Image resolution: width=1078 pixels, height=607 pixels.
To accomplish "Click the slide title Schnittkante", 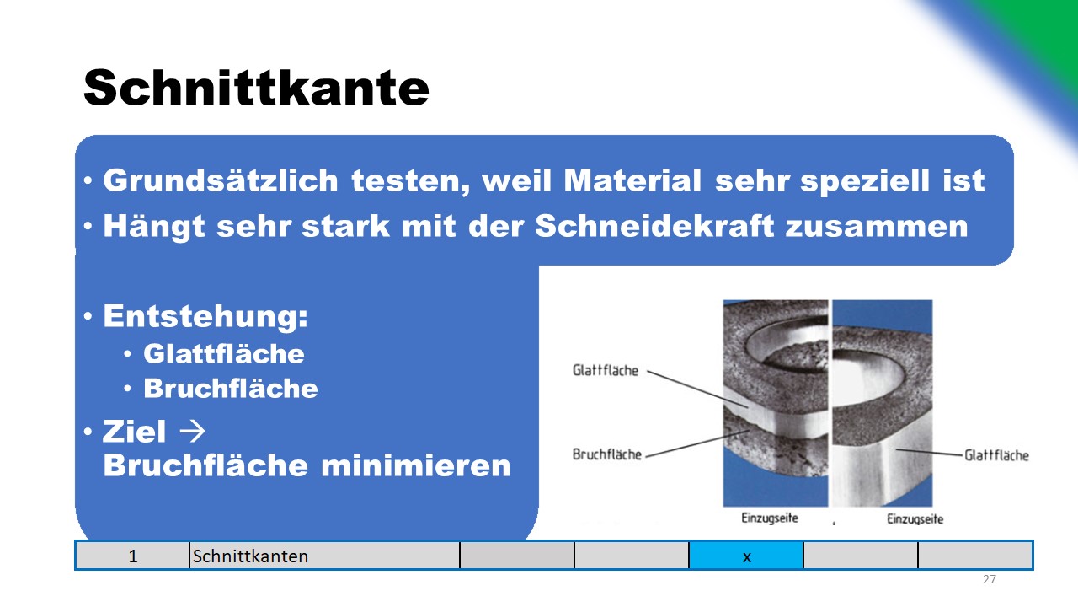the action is tap(256, 88).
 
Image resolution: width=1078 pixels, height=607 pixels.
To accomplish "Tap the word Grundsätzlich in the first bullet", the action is tap(221, 180).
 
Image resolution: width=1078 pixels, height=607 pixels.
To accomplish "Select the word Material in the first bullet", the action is tap(632, 180).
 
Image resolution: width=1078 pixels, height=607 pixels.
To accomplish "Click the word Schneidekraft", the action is tap(654, 225).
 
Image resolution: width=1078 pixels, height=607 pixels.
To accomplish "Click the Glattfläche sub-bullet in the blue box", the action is tap(224, 353).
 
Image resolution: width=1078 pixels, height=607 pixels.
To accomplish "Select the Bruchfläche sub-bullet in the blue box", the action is tap(231, 389).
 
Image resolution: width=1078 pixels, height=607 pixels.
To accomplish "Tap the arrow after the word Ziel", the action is tap(192, 431).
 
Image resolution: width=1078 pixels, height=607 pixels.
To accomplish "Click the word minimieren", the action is tap(416, 465).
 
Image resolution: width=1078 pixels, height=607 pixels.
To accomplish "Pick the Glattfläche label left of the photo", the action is tap(606, 370).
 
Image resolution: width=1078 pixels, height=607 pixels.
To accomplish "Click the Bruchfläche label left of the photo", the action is tap(607, 454).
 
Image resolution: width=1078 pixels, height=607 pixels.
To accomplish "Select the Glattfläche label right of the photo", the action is tap(996, 455).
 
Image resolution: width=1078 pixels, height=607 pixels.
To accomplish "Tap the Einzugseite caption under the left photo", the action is tap(770, 518).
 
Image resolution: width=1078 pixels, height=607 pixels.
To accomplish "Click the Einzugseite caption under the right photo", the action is tap(915, 518).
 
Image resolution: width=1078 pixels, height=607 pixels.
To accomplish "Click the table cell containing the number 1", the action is tap(132, 556).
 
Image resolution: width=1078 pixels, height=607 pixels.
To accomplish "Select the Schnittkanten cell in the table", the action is tap(324, 556).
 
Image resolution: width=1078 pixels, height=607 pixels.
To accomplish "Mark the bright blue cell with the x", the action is tap(746, 556).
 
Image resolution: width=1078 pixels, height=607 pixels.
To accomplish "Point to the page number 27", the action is tap(990, 579).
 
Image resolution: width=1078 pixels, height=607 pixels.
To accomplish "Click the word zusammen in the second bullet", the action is tap(877, 227).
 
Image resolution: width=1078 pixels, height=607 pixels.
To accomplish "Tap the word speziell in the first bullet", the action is tap(865, 181).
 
